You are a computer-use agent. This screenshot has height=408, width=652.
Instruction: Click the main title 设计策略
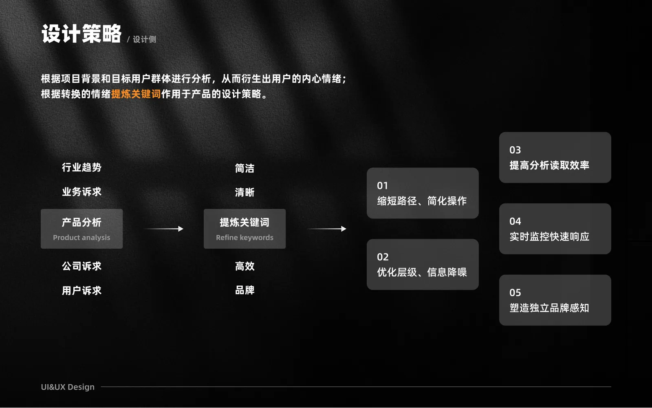(x=81, y=34)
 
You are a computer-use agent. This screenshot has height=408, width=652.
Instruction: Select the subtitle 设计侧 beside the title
(x=145, y=39)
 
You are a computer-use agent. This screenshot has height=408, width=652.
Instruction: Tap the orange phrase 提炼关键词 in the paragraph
(x=136, y=94)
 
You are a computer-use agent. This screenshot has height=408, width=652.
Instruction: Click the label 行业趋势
(x=81, y=167)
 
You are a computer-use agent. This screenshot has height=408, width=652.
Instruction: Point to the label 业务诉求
(x=81, y=192)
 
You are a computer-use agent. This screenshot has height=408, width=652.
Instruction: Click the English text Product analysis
(x=81, y=237)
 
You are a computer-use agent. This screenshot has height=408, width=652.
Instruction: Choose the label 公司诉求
(x=81, y=266)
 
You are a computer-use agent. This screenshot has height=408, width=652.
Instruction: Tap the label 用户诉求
(x=81, y=290)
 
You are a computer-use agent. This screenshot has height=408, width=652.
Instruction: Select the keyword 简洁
(x=244, y=168)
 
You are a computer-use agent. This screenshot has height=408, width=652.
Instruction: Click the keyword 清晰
(x=244, y=192)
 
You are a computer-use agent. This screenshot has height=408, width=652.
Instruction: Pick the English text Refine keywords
(x=244, y=237)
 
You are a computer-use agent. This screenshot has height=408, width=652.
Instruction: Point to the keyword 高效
(x=244, y=266)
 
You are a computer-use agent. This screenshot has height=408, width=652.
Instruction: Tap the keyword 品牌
(x=244, y=290)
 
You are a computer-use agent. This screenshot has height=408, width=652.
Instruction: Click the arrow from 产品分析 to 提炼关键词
(x=163, y=229)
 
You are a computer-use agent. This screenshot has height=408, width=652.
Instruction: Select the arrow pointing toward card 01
(x=326, y=229)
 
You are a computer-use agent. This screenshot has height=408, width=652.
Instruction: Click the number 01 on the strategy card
(x=383, y=185)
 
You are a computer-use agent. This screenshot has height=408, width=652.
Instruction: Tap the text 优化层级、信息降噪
(x=422, y=272)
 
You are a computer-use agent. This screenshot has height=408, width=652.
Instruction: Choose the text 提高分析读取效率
(x=549, y=165)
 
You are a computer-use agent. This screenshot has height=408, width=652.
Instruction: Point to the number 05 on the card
(x=515, y=292)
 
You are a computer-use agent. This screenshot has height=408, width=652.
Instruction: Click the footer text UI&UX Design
(x=68, y=387)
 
